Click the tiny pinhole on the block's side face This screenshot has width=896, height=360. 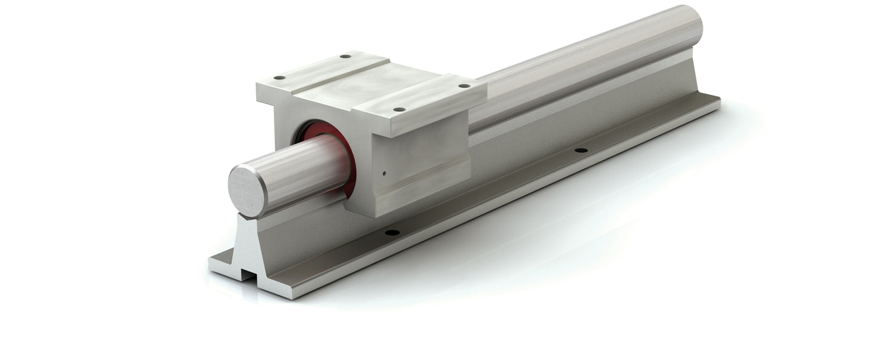point(385,175)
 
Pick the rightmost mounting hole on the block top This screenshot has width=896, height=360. point(463,86)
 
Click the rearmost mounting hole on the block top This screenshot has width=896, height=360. point(345,57)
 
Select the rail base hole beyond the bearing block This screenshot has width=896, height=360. point(578,150)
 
